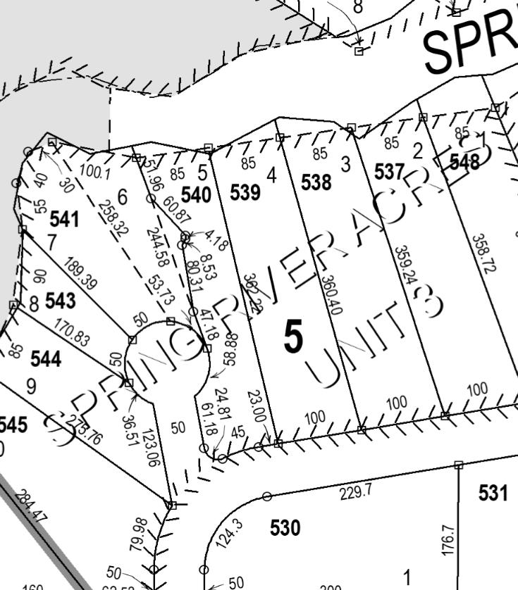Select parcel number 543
pyautogui.click(x=60, y=301)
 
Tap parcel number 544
pyautogui.click(x=46, y=359)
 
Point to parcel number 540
pyautogui.click(x=196, y=195)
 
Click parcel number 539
pyautogui.click(x=245, y=192)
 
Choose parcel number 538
pyautogui.click(x=316, y=183)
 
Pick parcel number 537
pyautogui.click(x=389, y=171)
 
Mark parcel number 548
pyautogui.click(x=464, y=161)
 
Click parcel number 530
pyautogui.click(x=285, y=527)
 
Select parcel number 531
pyautogui.click(x=493, y=493)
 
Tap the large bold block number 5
pyautogui.click(x=293, y=337)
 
